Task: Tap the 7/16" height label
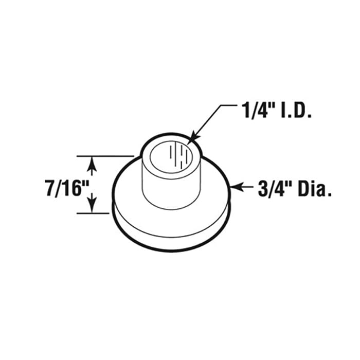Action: click(x=64, y=188)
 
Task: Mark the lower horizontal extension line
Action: click(x=95, y=213)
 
